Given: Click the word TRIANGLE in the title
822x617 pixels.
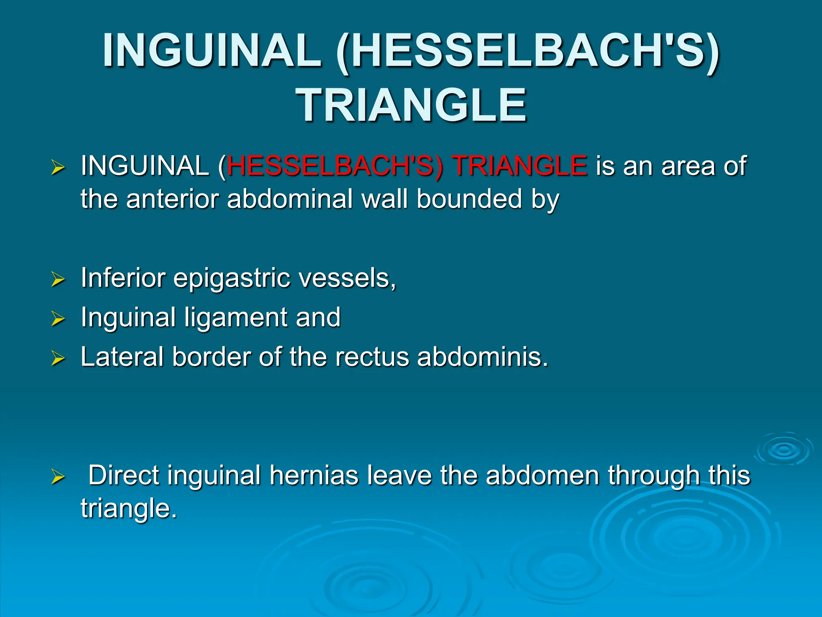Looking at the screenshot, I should coord(411,105).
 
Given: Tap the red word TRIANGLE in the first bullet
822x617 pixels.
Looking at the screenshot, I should coord(520,166).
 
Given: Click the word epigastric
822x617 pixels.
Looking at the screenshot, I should coord(232,278).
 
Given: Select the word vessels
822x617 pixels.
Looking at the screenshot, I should coord(345,278).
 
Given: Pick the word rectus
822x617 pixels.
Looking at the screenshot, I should coord(372,357).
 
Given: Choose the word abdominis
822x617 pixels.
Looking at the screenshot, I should coord(482,357).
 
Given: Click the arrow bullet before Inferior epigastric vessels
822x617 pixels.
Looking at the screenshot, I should coord(58,279).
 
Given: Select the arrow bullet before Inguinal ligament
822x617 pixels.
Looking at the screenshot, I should coord(58,319).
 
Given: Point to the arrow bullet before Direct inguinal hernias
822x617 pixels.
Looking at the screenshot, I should coord(58,477).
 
